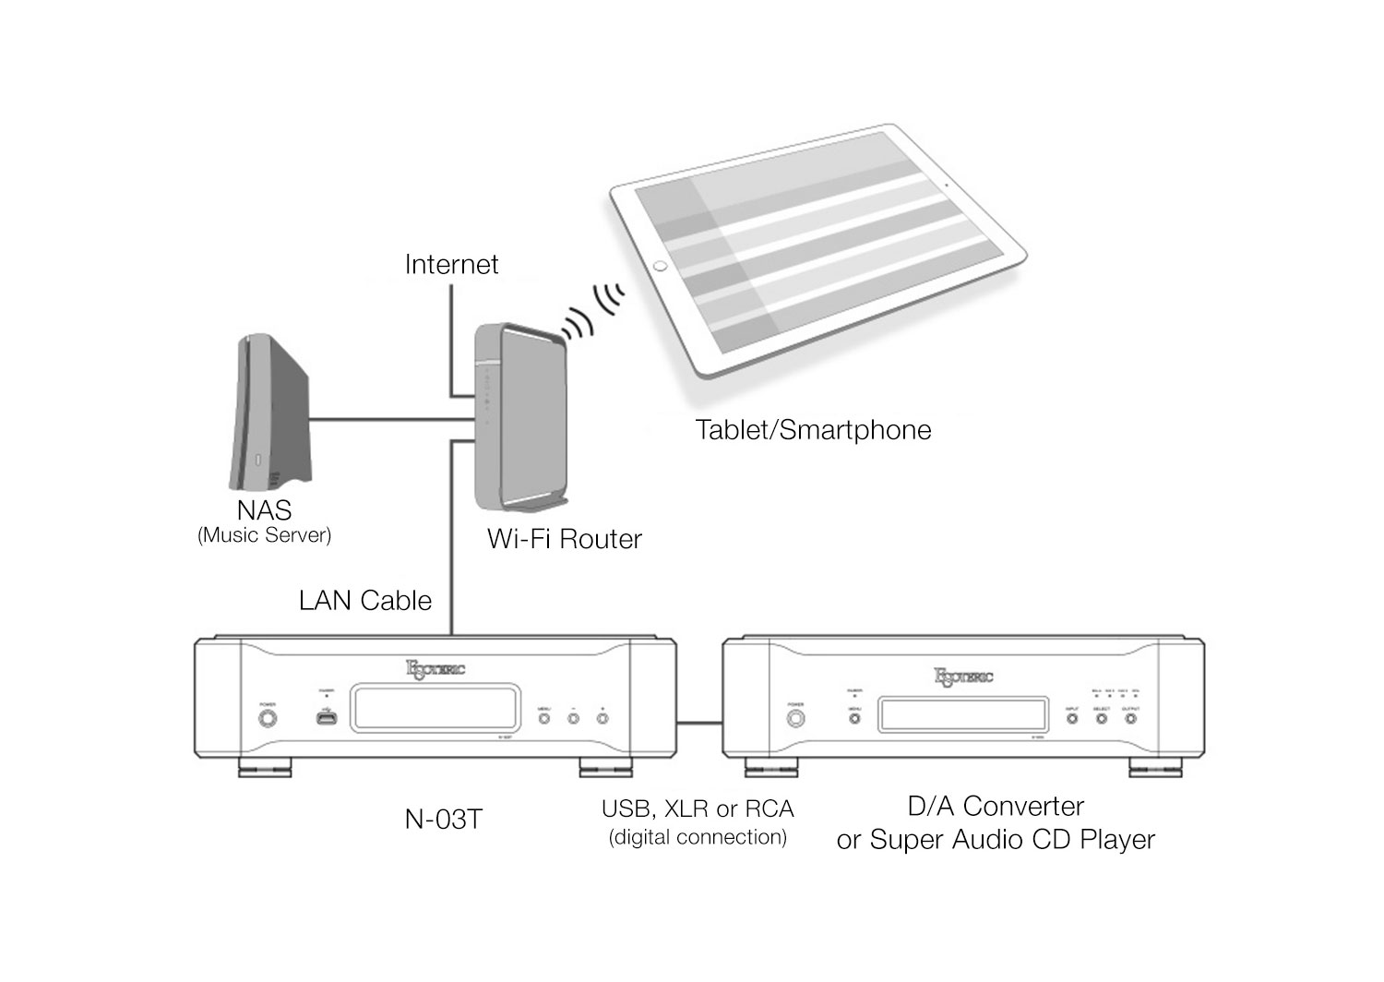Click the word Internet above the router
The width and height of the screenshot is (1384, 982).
click(451, 265)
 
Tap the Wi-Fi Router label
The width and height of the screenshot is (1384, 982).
click(564, 539)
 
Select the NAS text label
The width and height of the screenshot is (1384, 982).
click(264, 510)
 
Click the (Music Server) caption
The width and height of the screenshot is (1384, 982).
click(264, 535)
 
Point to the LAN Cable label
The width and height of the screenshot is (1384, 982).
click(365, 601)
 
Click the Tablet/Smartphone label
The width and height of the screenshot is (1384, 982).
click(813, 430)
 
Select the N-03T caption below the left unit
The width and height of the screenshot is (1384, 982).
click(443, 820)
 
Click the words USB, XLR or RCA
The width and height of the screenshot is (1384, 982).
click(698, 809)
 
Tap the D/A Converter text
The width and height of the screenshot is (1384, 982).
click(996, 807)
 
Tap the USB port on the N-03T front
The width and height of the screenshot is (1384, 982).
click(326, 716)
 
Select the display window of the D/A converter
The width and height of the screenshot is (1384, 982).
click(962, 715)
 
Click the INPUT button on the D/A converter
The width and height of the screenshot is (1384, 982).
click(1072, 717)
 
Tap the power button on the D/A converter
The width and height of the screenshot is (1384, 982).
click(795, 717)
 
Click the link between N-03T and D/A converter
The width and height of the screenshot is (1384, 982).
click(699, 723)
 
